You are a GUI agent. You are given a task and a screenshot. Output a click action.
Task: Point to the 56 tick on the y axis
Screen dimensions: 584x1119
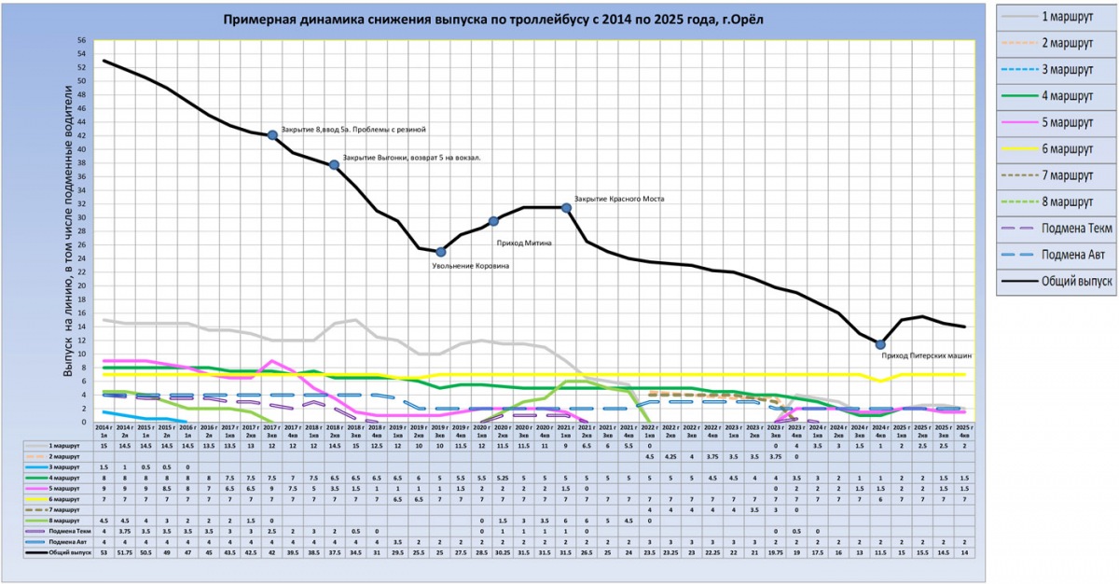tap(82, 40)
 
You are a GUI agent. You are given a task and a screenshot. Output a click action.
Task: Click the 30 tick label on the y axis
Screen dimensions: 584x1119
tap(82, 217)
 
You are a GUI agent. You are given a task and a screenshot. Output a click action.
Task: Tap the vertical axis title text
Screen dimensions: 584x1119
tap(68, 231)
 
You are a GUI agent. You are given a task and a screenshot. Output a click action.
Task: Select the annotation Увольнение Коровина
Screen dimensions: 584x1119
tap(470, 266)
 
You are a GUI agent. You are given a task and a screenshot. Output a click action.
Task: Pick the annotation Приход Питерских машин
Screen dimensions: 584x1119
tap(928, 355)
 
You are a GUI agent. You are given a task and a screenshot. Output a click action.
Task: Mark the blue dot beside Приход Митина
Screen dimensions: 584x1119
tap(494, 221)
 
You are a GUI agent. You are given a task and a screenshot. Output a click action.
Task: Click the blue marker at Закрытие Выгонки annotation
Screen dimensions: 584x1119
tap(334, 165)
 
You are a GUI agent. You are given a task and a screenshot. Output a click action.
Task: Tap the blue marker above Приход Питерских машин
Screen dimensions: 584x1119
tap(880, 344)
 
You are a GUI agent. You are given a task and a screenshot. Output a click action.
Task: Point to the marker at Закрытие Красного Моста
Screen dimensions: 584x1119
tap(566, 208)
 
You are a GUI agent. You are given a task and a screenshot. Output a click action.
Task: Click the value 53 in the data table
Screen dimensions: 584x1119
tap(104, 553)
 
